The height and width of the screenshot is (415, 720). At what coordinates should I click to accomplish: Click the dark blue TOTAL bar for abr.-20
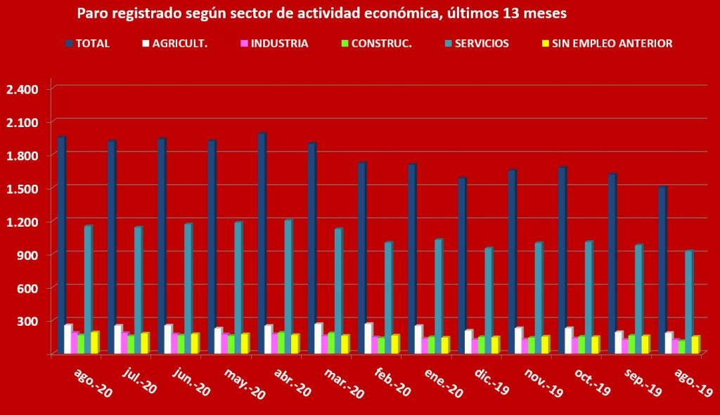(x=262, y=242)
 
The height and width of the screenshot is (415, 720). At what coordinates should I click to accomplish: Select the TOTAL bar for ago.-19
(x=662, y=270)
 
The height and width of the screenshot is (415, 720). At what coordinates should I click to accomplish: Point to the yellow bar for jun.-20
(x=195, y=343)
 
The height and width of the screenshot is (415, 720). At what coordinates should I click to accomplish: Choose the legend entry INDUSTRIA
(x=279, y=43)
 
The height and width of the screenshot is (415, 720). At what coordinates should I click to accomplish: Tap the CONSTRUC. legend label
(x=381, y=43)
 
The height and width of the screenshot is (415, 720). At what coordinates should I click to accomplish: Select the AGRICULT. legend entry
(x=177, y=43)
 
